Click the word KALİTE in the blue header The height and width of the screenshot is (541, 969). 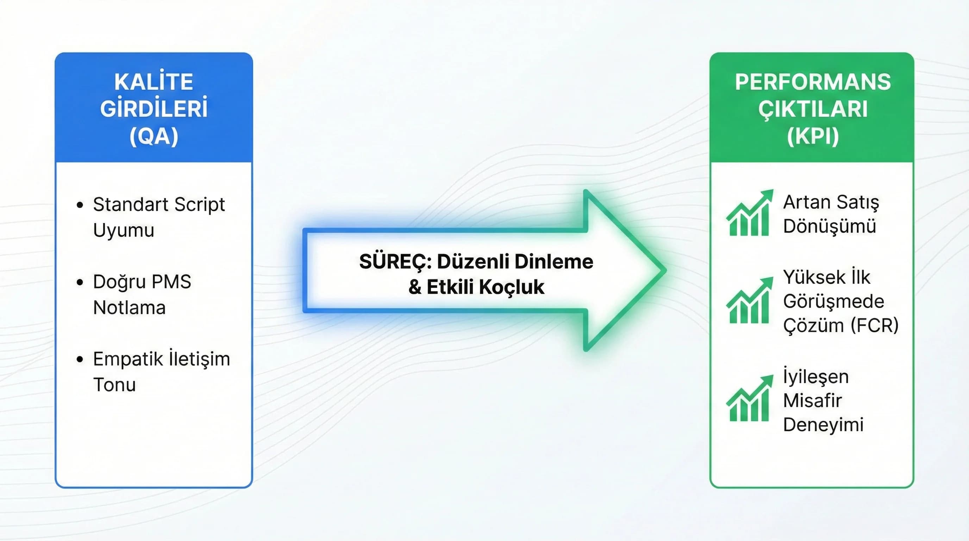[154, 82]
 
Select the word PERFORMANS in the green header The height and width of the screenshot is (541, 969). [813, 82]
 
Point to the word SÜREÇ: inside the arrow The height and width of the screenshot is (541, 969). [395, 261]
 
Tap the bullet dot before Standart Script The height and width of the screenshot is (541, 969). [80, 205]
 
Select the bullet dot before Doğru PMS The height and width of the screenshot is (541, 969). [80, 282]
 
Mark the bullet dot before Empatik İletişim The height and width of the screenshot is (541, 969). [80, 359]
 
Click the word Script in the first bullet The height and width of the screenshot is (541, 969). [199, 205]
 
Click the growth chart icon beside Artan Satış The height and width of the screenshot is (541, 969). [749, 213]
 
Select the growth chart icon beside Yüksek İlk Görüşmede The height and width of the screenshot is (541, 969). [749, 301]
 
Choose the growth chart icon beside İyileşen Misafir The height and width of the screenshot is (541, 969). [749, 399]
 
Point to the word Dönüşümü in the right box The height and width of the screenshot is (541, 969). [829, 226]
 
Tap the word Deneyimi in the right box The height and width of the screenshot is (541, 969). [823, 425]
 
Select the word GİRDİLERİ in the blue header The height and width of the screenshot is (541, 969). [154, 109]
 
